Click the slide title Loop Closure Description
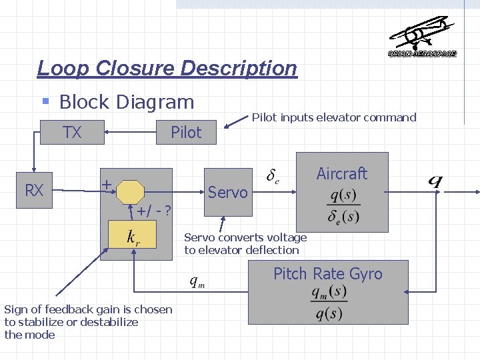167,68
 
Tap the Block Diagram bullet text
126,102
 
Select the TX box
72,133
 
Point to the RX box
34,191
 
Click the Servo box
227,193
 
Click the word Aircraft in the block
341,174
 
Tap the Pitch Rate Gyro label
328,274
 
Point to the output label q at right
435,181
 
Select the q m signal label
197,282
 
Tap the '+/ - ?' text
154,211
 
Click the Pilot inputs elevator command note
333,117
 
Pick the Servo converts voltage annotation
245,244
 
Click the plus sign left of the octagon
106,185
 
